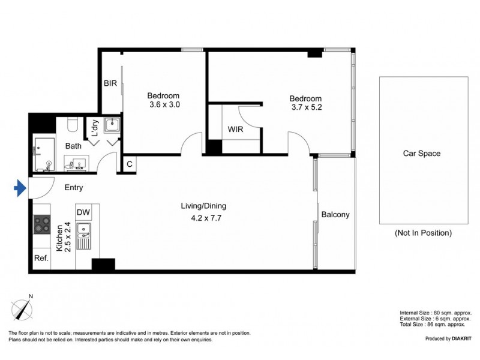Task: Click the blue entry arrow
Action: click(20, 189)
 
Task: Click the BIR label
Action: click(110, 84)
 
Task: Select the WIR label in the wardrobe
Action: click(235, 130)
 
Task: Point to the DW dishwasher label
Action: click(83, 212)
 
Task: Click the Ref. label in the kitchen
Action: click(41, 259)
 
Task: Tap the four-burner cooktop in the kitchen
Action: click(42, 225)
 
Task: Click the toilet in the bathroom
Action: click(73, 125)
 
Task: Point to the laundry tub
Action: click(112, 125)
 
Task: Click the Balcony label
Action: click(335, 215)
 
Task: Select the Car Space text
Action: click(421, 154)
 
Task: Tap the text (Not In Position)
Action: click(423, 233)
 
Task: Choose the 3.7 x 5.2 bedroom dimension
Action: click(305, 107)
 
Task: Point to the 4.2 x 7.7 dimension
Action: click(203, 218)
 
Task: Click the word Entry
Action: click(74, 188)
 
